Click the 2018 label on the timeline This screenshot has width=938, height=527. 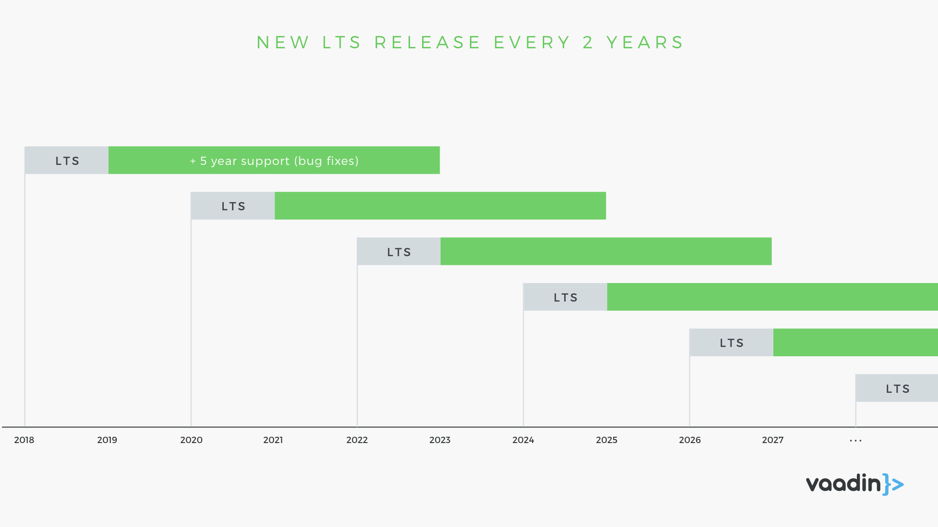(x=24, y=440)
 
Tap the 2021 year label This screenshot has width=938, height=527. (x=273, y=440)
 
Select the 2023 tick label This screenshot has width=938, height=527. (x=440, y=440)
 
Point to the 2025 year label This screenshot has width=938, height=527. (x=607, y=440)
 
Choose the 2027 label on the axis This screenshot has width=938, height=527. (x=773, y=440)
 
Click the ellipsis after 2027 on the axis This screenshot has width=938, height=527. (x=856, y=441)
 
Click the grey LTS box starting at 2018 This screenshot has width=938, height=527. (x=66, y=160)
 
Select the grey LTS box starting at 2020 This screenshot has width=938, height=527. (x=233, y=206)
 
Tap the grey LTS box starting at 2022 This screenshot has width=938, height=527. (x=399, y=251)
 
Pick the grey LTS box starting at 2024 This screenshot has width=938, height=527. (x=565, y=297)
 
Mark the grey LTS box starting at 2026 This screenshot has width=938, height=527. (x=731, y=343)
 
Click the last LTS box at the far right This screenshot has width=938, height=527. (x=897, y=388)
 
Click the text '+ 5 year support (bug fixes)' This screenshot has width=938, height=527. (x=274, y=161)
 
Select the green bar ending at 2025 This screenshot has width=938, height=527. (x=440, y=206)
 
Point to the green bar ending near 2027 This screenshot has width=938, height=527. (x=606, y=251)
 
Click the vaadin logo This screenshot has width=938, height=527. (x=855, y=484)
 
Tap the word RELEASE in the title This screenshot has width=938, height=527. (x=427, y=42)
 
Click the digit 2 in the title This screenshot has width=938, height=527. (x=588, y=42)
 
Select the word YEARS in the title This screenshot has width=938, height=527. (x=645, y=42)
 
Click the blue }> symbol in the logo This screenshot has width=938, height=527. (x=894, y=484)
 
